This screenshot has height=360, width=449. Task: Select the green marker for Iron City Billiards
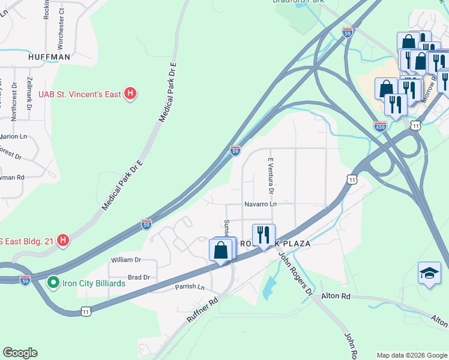click(x=53, y=282)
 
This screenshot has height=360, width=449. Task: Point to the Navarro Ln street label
click(x=260, y=204)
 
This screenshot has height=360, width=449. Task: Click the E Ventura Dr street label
click(x=271, y=176)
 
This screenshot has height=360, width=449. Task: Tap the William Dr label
click(x=126, y=260)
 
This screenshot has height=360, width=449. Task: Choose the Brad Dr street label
click(x=139, y=277)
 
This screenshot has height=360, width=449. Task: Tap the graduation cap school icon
click(x=429, y=274)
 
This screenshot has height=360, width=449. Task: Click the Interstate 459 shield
click(x=380, y=127)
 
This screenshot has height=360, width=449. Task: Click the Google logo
click(x=20, y=353)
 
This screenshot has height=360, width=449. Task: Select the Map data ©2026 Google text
click(x=411, y=355)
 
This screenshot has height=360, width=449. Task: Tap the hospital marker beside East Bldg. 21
click(x=62, y=241)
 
